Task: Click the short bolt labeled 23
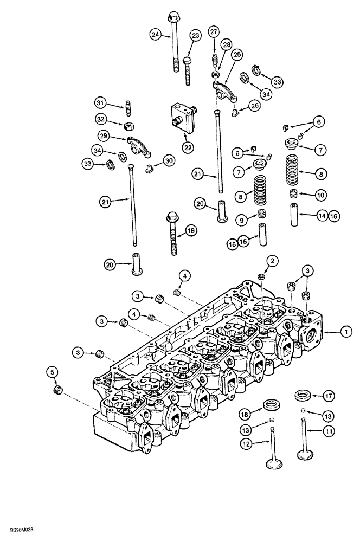(x=188, y=70)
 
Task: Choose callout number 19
(x=190, y=231)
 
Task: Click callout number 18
(x=247, y=414)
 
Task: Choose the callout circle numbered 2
(x=273, y=262)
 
